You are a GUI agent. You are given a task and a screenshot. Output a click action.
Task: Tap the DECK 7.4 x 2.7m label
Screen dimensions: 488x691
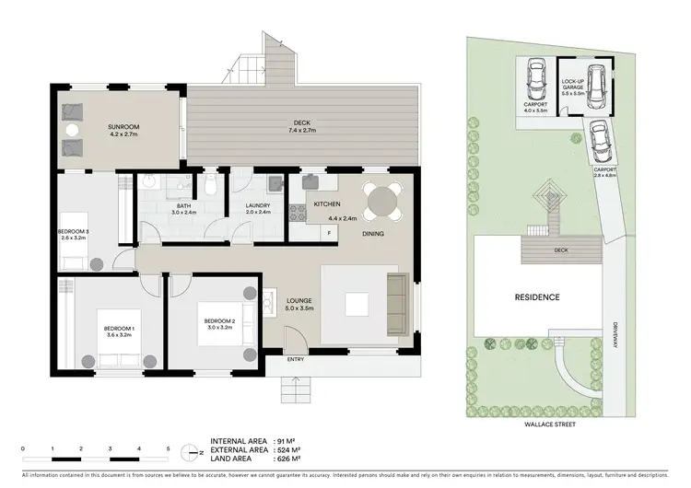(297, 126)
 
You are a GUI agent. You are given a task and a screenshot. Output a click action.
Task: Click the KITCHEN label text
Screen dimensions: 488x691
(328, 203)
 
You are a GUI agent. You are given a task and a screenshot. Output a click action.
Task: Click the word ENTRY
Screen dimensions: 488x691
(297, 359)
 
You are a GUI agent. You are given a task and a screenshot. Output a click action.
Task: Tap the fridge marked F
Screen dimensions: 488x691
(329, 232)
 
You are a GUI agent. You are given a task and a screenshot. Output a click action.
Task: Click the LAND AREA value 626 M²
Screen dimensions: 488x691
(294, 461)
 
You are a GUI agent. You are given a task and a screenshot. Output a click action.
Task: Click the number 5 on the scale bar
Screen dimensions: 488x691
(169, 448)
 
